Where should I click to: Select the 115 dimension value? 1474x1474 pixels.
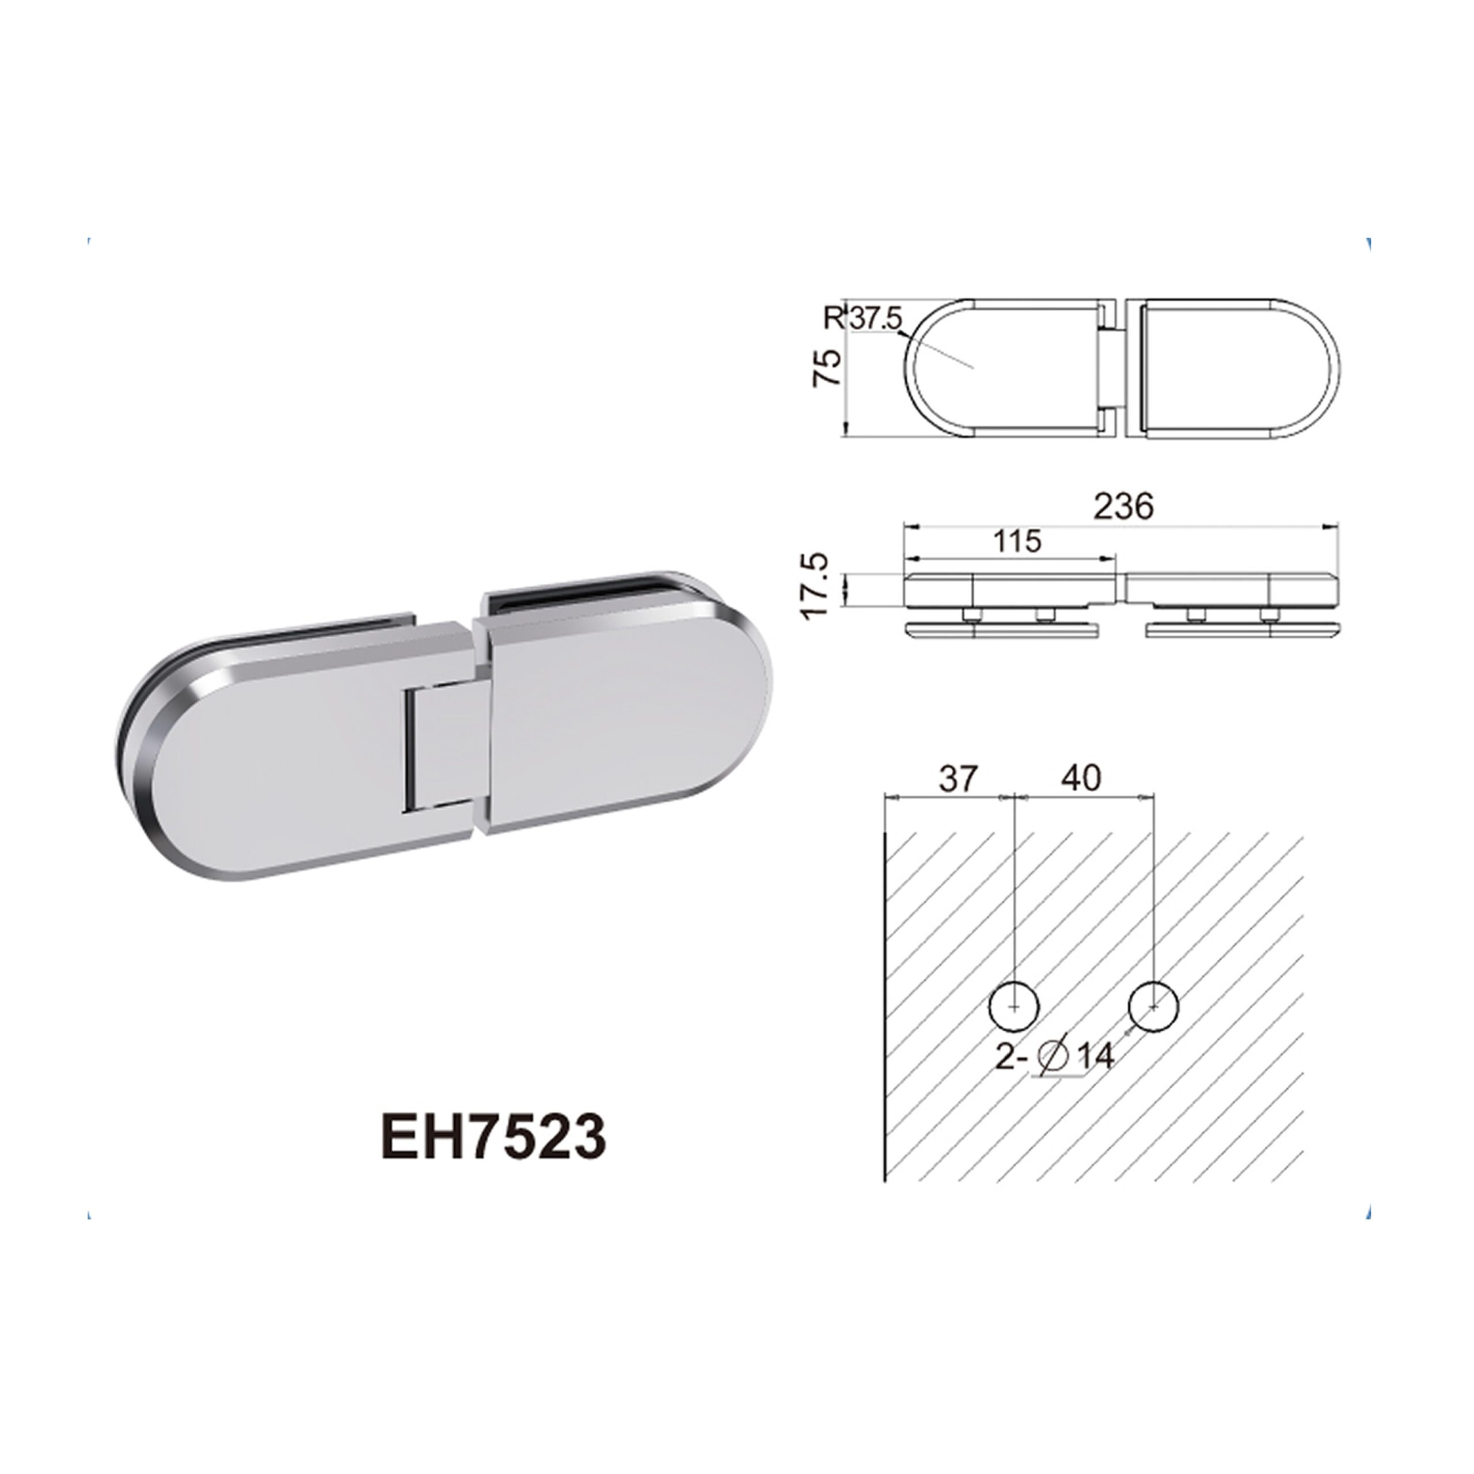tap(1018, 541)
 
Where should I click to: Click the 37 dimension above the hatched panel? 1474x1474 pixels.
tap(958, 778)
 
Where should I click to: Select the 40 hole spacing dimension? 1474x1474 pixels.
tap(1081, 778)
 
